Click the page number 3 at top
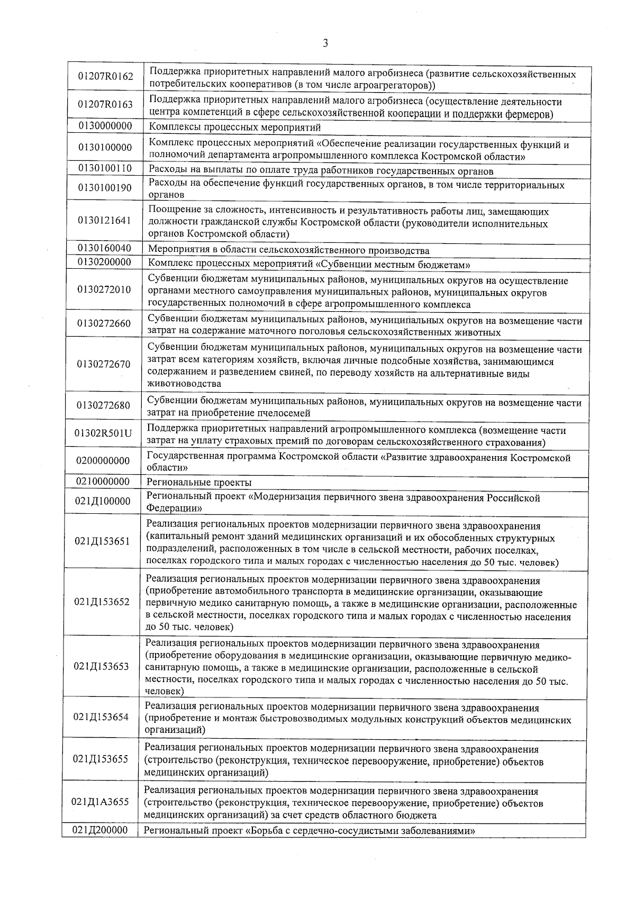(325, 43)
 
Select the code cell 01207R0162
(106, 76)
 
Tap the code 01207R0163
(105, 104)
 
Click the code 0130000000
(105, 126)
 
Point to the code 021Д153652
(102, 602)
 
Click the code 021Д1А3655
(101, 802)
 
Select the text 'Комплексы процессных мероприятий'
(235, 128)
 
